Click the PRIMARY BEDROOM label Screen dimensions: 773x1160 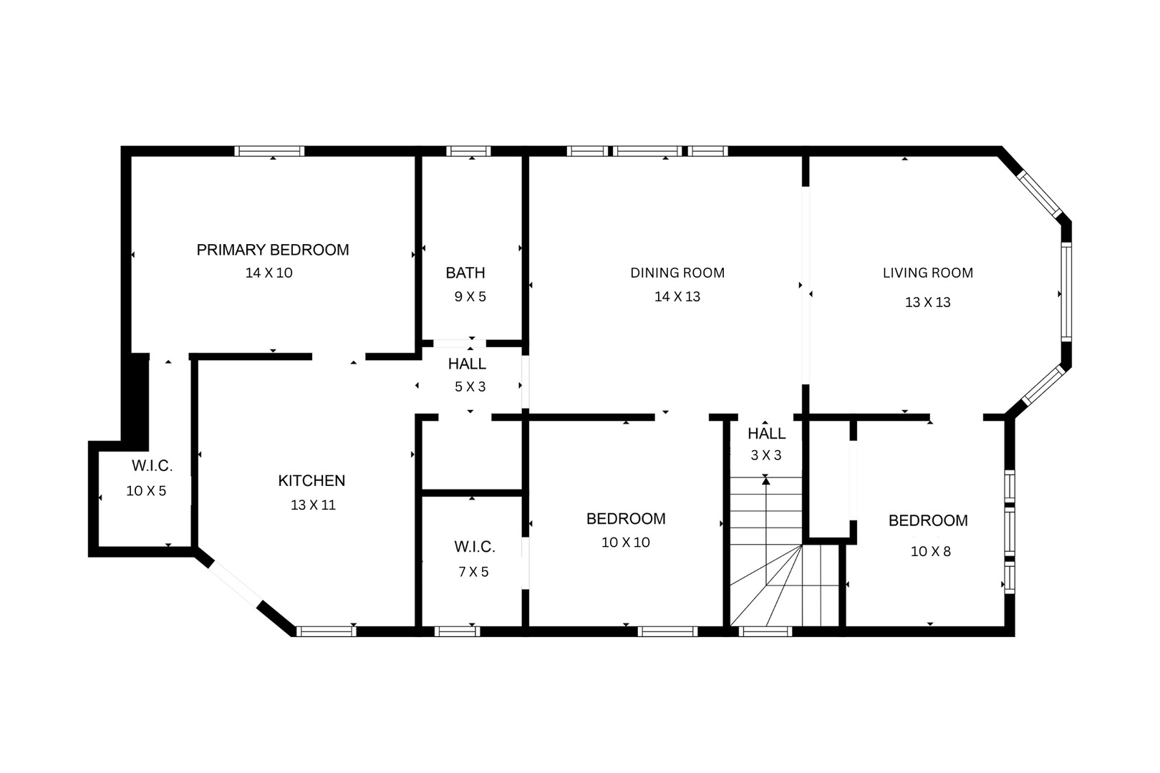point(273,250)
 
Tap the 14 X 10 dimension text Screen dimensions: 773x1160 point(269,273)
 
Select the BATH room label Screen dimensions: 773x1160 point(465,273)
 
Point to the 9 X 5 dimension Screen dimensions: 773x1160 point(470,296)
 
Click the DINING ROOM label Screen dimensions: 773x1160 point(677,273)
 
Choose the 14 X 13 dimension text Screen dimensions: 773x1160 point(677,296)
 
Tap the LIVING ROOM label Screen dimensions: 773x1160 point(927,273)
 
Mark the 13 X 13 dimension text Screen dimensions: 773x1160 point(927,302)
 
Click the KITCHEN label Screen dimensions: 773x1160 point(311,481)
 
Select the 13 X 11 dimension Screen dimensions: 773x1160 point(313,505)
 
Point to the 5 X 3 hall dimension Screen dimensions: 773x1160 point(470,386)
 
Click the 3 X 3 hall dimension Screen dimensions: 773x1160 point(765,454)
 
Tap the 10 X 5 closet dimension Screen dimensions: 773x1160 point(146,491)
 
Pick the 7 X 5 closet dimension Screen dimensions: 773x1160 point(473,571)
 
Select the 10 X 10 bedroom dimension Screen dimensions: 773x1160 point(625,543)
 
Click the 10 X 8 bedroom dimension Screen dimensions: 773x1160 point(930,551)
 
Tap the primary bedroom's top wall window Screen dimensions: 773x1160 point(270,151)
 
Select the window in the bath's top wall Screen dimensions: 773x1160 point(468,151)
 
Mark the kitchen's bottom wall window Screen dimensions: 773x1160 point(326,631)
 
